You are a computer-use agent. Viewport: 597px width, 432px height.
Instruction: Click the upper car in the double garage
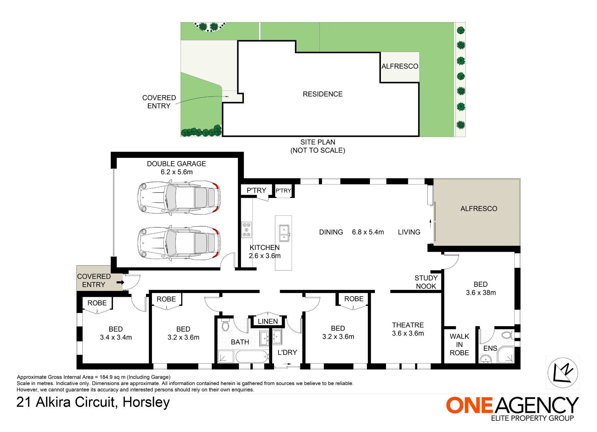[179, 198]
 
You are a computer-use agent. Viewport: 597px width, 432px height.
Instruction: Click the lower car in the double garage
[179, 243]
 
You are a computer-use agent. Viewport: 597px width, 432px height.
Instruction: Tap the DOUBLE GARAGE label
[176, 164]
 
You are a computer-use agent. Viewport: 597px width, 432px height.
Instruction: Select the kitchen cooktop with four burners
[247, 230]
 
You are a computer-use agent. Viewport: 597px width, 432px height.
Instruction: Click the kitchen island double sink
[284, 233]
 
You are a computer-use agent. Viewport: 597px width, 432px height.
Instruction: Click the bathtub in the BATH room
[252, 357]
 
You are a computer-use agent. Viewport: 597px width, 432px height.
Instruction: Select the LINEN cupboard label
[268, 321]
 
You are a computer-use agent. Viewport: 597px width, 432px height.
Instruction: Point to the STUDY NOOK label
[426, 282]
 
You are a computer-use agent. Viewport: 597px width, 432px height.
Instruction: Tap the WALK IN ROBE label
[459, 345]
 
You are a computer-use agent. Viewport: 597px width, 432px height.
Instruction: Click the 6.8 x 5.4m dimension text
[368, 232]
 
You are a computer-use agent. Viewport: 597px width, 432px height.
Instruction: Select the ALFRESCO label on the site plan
[400, 66]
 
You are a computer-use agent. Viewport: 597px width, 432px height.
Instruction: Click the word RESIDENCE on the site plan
[323, 94]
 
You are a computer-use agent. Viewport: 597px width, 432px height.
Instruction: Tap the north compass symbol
[563, 373]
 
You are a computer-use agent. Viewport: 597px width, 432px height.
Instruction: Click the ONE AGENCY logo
[513, 408]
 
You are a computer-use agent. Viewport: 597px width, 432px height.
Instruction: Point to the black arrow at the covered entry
[120, 282]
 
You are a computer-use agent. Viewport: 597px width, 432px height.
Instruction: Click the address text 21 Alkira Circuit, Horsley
[93, 402]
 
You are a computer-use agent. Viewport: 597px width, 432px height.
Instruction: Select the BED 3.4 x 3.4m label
[116, 333]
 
